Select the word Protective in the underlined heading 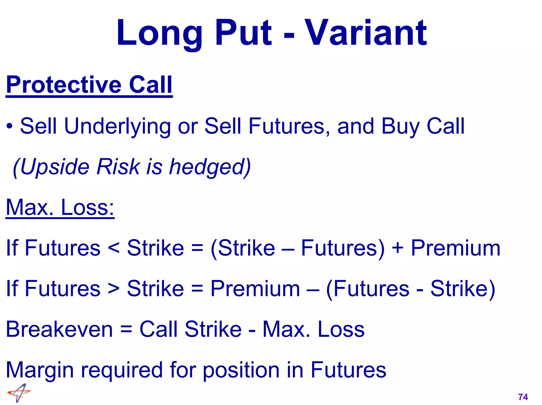point(64,85)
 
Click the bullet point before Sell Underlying point(10,126)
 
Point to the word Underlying point(118,126)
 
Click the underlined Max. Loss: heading point(60,208)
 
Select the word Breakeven point(59,329)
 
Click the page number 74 point(523,397)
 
